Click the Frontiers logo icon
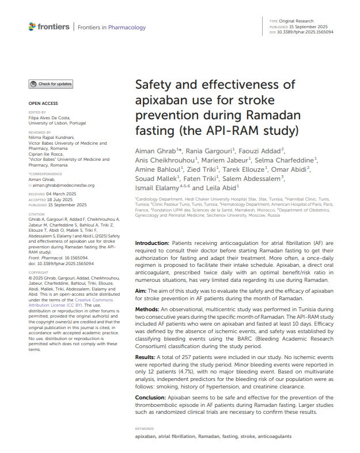tap(32, 27)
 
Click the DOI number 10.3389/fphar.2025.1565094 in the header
tap(309, 32)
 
